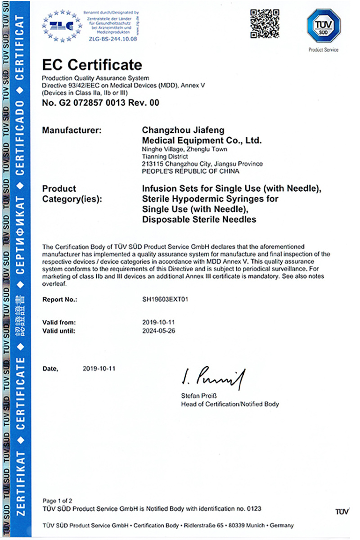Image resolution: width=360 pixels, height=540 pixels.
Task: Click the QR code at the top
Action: click(265, 24)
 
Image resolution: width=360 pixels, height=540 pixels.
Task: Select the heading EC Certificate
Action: click(92, 65)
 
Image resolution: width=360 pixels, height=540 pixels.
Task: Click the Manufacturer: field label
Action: click(72, 130)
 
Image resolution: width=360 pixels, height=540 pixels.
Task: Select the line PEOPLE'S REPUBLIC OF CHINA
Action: click(190, 171)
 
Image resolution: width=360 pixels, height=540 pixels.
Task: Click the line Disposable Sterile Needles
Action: click(199, 220)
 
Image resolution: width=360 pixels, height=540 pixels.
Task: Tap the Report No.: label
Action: click(60, 299)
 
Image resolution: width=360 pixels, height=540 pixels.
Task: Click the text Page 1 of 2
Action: click(58, 500)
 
